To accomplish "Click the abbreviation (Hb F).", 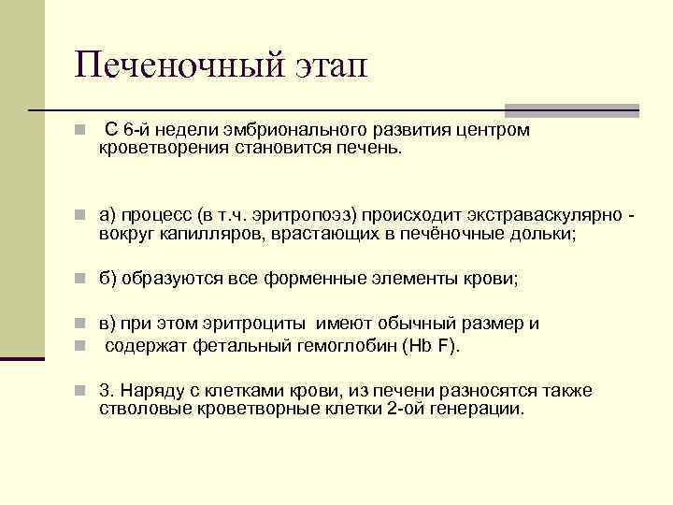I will click(429, 345).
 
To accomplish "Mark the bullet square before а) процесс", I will click(82, 216).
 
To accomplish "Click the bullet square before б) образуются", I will click(82, 278).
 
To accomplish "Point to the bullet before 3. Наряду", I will click(82, 391).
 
